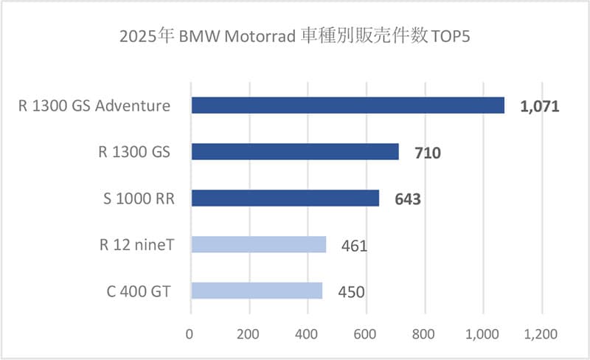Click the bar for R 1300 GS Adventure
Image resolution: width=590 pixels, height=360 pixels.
[x=347, y=105]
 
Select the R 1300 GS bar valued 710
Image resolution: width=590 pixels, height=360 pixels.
[x=295, y=152]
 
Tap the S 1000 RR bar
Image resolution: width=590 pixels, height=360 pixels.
[x=285, y=198]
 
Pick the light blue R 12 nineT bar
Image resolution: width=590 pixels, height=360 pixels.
[x=258, y=244]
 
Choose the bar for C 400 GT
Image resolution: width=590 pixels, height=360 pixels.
[x=257, y=291]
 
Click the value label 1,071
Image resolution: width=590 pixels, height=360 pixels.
[x=540, y=107]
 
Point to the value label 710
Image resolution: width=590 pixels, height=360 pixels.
[x=428, y=153]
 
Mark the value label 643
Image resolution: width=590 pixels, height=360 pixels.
[x=408, y=199]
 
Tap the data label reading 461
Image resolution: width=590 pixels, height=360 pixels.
[x=355, y=246]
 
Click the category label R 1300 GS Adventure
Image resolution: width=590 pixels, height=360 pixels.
[x=94, y=106]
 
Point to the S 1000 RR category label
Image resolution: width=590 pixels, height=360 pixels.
[x=137, y=198]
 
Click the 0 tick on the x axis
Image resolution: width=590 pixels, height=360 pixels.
[x=191, y=334]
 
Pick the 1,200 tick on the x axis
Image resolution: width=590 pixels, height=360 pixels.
[x=541, y=334]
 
